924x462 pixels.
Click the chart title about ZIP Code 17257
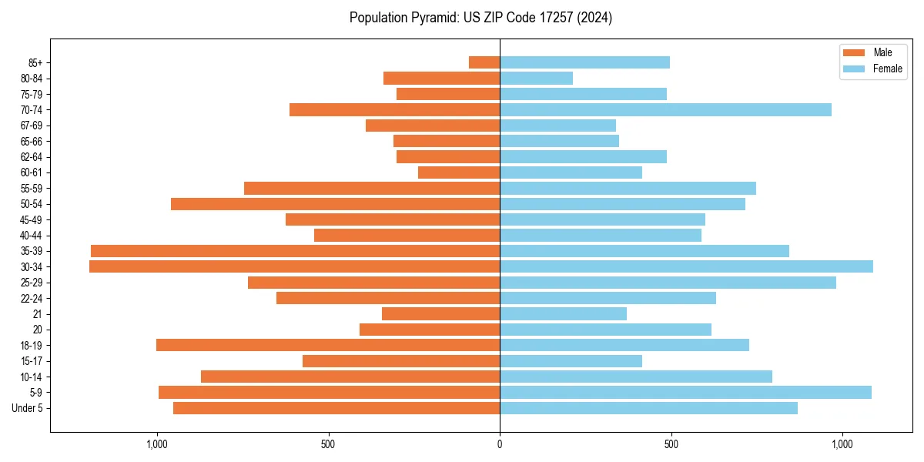coord(480,18)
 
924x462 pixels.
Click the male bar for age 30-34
coord(294,266)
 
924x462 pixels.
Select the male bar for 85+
coord(484,62)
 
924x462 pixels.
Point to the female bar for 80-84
coord(536,78)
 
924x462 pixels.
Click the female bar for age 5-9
coord(685,393)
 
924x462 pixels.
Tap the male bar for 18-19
coord(328,345)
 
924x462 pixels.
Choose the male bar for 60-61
coord(459,172)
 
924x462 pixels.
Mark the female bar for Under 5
coord(648,408)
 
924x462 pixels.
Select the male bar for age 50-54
coord(335,204)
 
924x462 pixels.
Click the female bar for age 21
coord(563,313)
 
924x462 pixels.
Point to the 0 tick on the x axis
coord(500,444)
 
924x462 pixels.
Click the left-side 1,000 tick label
coord(156,444)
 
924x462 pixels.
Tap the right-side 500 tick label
coord(671,444)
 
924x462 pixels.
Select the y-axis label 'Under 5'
coord(27,408)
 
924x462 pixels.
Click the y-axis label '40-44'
coord(31,236)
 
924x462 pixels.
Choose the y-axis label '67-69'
coord(31,126)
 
